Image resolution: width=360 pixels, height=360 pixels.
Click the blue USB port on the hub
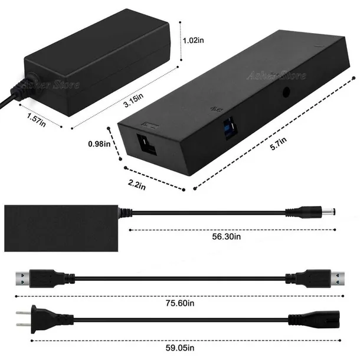(x=230, y=127)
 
